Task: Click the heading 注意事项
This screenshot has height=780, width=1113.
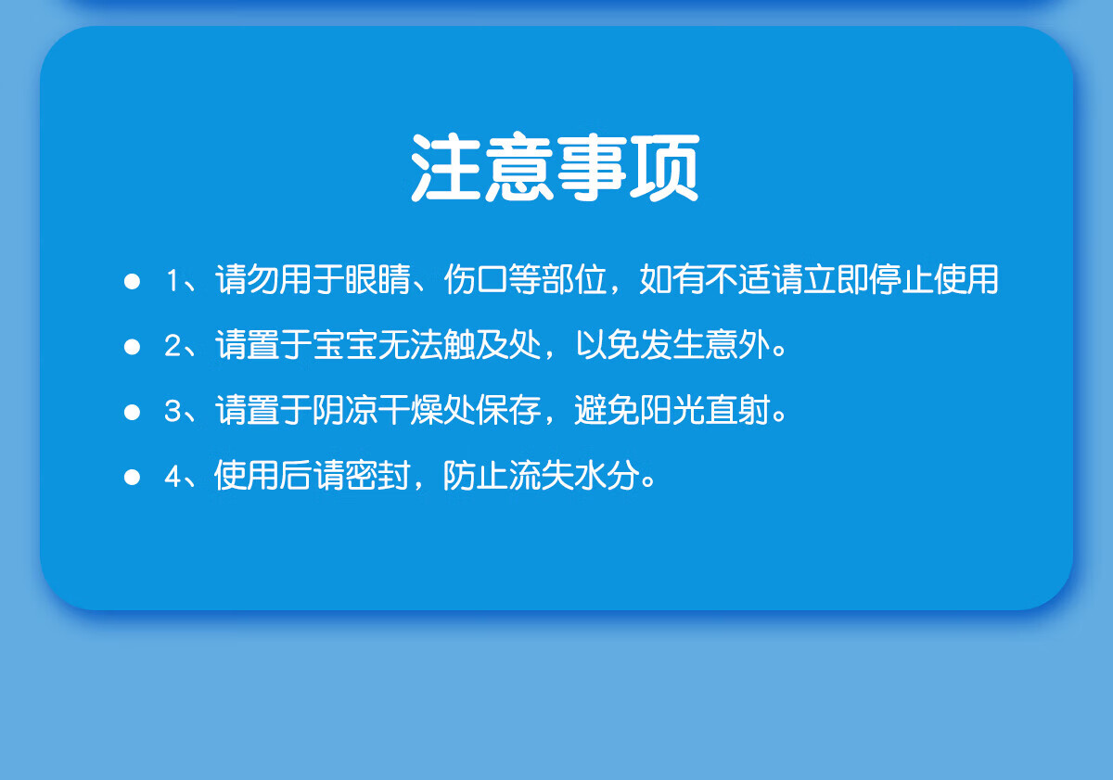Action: [555, 168]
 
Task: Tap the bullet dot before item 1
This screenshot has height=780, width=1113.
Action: [132, 281]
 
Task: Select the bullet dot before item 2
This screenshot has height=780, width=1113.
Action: [132, 346]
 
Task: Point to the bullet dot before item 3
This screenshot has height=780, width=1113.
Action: [132, 412]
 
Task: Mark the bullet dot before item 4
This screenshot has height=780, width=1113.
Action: [132, 477]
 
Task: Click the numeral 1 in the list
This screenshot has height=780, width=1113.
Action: [173, 280]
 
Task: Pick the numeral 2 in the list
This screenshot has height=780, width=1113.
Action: [173, 346]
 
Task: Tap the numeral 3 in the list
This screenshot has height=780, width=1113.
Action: [173, 411]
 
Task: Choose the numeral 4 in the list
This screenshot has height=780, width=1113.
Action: [173, 477]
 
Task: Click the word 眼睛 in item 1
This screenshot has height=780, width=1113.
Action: [378, 279]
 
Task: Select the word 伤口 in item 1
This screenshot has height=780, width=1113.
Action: [476, 279]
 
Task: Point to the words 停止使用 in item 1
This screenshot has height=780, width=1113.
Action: [934, 279]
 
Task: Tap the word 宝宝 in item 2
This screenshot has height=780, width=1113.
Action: [345, 344]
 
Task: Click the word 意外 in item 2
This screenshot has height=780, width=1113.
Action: [738, 344]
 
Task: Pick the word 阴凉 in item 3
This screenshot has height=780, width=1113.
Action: [345, 410]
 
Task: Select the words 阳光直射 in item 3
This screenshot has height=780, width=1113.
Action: [706, 410]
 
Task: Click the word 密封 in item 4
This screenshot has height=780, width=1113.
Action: [378, 475]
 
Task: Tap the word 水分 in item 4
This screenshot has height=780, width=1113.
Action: [608, 475]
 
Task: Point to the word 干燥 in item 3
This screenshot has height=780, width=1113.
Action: [411, 410]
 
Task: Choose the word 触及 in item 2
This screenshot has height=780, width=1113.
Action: [476, 344]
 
